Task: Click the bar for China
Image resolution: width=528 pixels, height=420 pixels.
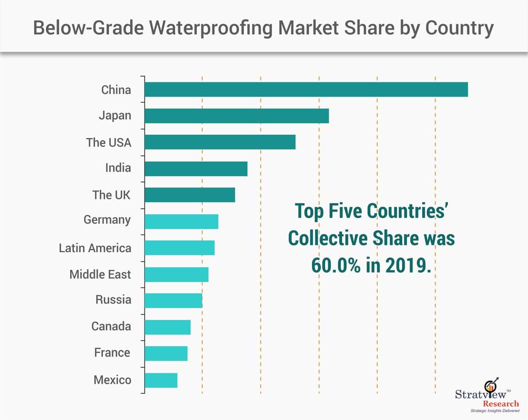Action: click(x=306, y=89)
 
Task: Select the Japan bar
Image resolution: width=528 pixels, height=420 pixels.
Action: click(x=237, y=116)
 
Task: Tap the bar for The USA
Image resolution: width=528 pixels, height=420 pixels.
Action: click(x=220, y=142)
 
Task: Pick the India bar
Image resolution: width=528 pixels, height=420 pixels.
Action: click(x=196, y=169)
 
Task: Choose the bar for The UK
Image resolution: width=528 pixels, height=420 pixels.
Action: click(x=190, y=195)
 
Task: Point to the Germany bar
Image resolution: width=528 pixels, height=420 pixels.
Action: click(x=181, y=222)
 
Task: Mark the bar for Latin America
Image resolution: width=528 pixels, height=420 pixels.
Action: click(x=180, y=248)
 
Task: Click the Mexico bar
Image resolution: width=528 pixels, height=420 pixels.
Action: click(x=161, y=380)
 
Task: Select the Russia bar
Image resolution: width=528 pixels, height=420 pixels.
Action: click(x=173, y=301)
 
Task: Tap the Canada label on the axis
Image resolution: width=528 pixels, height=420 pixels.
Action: click(x=111, y=326)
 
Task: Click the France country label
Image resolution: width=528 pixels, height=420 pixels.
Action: click(x=112, y=353)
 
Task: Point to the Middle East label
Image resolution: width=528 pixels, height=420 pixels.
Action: click(x=100, y=275)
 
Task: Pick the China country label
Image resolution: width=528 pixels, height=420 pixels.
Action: click(x=116, y=90)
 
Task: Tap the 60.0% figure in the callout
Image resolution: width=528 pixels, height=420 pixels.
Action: click(x=335, y=265)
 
